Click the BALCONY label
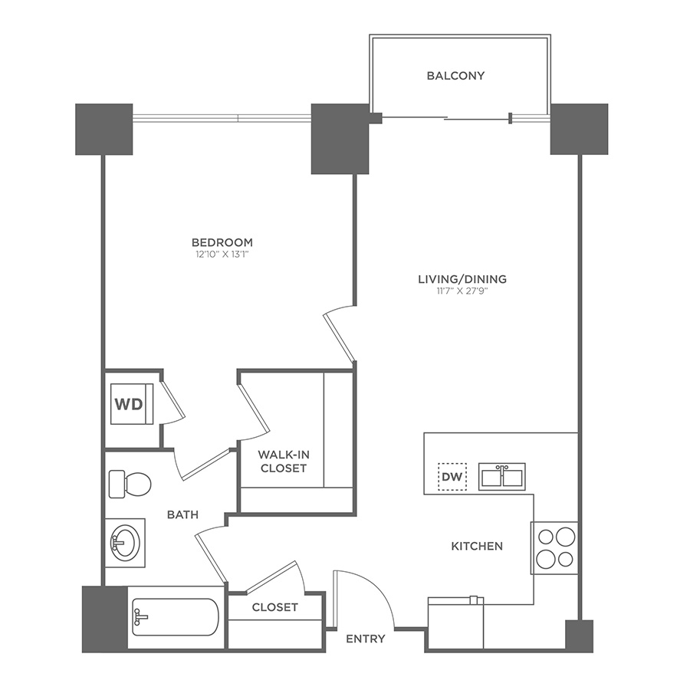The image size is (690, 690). [x=456, y=75]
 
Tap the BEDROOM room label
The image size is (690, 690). [x=223, y=242]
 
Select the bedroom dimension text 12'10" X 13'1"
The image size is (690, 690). [x=223, y=254]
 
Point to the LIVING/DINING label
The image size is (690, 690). [x=462, y=279]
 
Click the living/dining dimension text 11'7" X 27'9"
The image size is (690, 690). [x=462, y=291]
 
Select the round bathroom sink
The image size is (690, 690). [x=124, y=542]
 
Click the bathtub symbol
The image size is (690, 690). [x=175, y=617]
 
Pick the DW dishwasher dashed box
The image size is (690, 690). [x=452, y=477]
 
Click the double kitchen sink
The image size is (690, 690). [x=502, y=476]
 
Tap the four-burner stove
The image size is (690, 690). [x=554, y=547]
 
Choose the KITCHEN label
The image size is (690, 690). [x=476, y=546]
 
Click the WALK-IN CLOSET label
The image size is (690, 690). [x=282, y=461]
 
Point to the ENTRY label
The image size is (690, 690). [x=365, y=638]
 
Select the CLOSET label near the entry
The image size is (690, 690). [x=274, y=606]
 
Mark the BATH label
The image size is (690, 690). [x=182, y=514]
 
